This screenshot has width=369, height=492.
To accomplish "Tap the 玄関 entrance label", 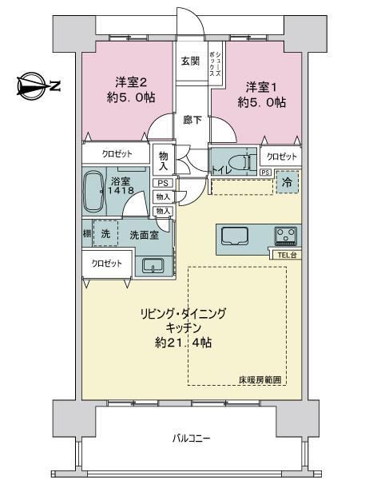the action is tap(190, 61).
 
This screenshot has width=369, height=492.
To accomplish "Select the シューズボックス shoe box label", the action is tap(216, 63).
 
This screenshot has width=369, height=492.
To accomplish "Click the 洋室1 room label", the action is tap(261, 87).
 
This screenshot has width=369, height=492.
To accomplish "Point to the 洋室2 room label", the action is tap(131, 82).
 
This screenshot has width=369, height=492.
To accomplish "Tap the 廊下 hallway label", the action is tap(192, 120).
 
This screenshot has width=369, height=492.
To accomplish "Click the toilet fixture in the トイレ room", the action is tap(240, 161).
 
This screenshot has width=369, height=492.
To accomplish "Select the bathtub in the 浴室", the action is tap(94, 192).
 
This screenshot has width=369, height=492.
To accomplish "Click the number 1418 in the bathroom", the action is tap(121, 190).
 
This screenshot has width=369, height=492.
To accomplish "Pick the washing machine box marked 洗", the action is tap(105, 233).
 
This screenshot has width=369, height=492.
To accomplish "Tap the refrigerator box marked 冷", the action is tap(287, 182).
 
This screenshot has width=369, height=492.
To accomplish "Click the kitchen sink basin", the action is tap(235, 236).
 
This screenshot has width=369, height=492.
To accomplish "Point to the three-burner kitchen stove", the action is tap(286, 236).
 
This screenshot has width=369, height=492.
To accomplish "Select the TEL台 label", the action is tap(287, 255).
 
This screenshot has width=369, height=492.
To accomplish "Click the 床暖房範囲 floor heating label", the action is tap(260, 380).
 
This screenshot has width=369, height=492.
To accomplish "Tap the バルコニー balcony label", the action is tap(192, 438).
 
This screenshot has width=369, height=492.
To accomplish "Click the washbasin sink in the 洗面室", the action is tap(153, 265).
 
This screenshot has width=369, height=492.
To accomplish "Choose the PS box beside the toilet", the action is tap(265, 173).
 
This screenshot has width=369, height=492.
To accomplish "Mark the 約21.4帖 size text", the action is tap(183, 343).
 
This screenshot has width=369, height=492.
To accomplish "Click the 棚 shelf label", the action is tap(87, 233).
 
